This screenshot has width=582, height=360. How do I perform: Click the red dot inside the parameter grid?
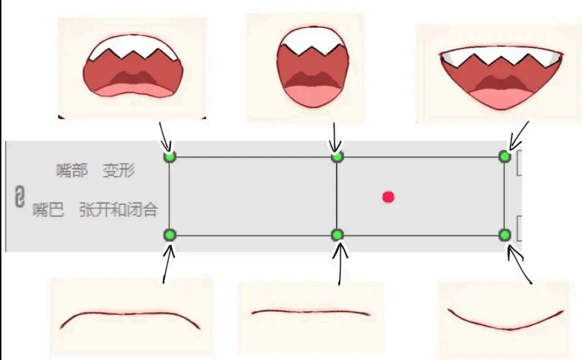[x=388, y=197]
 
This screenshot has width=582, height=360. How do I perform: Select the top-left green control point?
[x=170, y=157]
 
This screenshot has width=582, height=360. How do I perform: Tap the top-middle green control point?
[x=337, y=157]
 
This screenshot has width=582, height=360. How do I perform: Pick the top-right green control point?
[x=504, y=157]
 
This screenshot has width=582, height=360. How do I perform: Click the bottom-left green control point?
[x=170, y=235]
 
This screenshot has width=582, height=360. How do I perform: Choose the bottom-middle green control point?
[x=337, y=235]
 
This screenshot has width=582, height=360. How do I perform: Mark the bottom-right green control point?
[x=504, y=235]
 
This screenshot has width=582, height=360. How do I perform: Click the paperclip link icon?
[x=20, y=196]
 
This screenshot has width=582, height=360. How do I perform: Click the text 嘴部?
[x=72, y=170]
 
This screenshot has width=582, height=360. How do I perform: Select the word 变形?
[x=119, y=170]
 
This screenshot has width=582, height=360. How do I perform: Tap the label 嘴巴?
[x=48, y=210]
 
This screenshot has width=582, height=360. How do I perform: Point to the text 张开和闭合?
[x=119, y=210]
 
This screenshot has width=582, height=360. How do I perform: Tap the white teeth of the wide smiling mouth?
[x=501, y=56]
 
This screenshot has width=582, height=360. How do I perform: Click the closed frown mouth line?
[x=130, y=314]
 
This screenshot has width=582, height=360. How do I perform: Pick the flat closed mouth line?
[x=310, y=312]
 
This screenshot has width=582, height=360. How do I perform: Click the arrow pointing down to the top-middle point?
[x=335, y=137]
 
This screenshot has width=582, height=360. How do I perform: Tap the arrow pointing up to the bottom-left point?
[x=167, y=264]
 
